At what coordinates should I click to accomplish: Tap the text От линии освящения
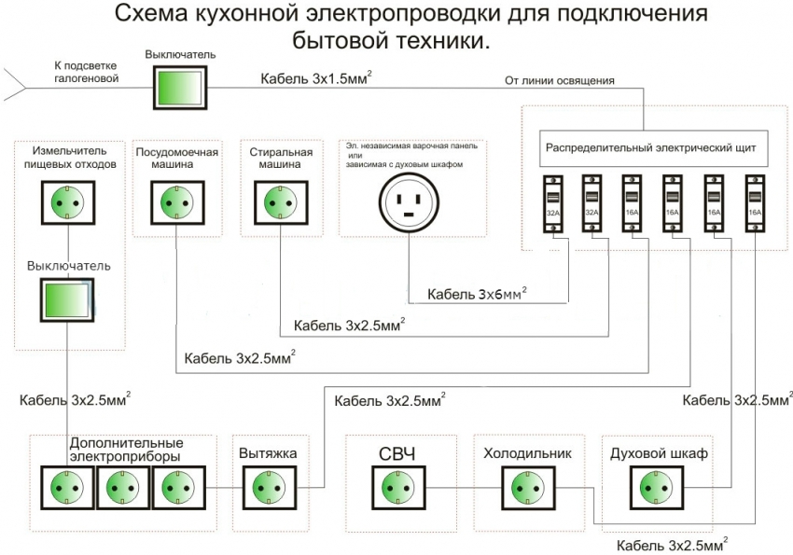point(559,80)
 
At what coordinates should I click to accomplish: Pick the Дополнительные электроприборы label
point(125,449)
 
